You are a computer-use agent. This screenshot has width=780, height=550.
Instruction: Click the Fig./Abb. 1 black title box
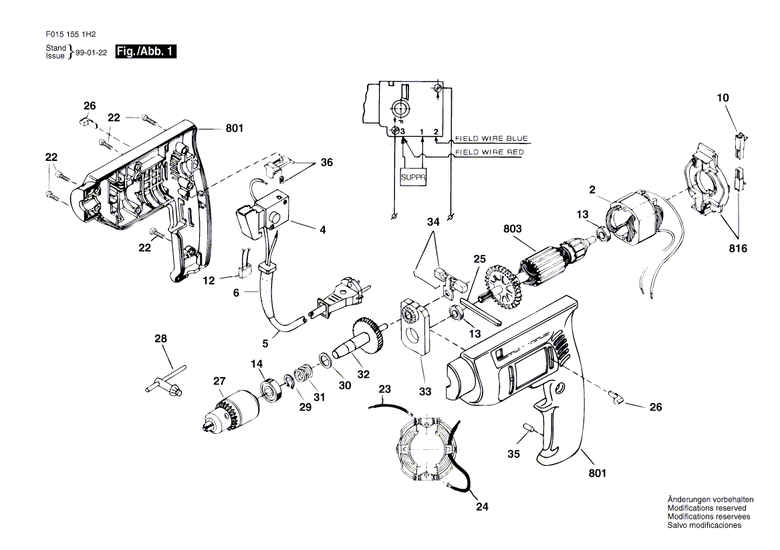tap(146, 51)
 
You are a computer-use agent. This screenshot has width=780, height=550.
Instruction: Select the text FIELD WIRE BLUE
tap(491, 139)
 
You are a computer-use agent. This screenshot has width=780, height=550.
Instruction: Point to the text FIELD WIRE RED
tap(489, 152)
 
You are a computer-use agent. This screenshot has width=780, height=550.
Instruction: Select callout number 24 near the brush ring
tap(482, 507)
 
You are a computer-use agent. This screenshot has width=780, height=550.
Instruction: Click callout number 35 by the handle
tap(513, 455)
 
